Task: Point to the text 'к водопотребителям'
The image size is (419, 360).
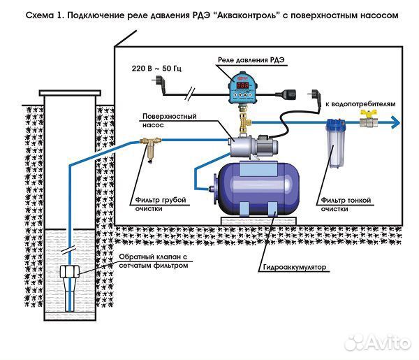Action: pyautogui.click(x=359, y=103)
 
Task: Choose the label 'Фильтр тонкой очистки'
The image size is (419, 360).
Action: pyautogui.click(x=346, y=204)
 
